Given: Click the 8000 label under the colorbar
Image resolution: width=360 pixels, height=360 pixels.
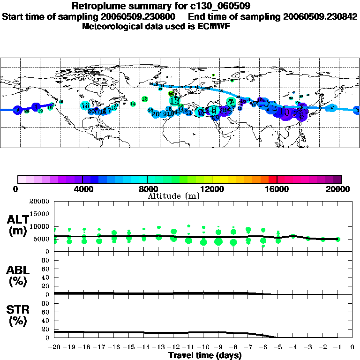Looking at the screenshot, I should point(147,189).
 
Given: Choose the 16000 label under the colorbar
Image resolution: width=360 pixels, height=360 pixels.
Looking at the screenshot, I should point(277,189).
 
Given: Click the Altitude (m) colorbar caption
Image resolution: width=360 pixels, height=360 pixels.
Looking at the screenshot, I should point(173,195).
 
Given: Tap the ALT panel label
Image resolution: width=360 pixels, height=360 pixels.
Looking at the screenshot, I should point(17,225).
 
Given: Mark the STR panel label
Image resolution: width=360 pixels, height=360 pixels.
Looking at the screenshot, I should point(17,315).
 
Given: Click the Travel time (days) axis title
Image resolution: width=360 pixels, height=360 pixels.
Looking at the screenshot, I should point(205,355).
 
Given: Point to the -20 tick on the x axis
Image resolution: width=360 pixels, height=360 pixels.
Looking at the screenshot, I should point(55,347).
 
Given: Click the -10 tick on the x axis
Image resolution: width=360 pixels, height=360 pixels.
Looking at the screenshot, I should point(203,347).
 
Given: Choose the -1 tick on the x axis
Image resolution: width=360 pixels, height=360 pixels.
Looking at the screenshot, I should point(337,347).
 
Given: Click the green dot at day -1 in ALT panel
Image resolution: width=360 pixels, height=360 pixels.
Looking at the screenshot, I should point(338,239).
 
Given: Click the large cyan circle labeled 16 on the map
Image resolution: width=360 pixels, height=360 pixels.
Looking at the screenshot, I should point(85,106).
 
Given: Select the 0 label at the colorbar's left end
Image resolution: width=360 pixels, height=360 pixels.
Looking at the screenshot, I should point(16,189).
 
